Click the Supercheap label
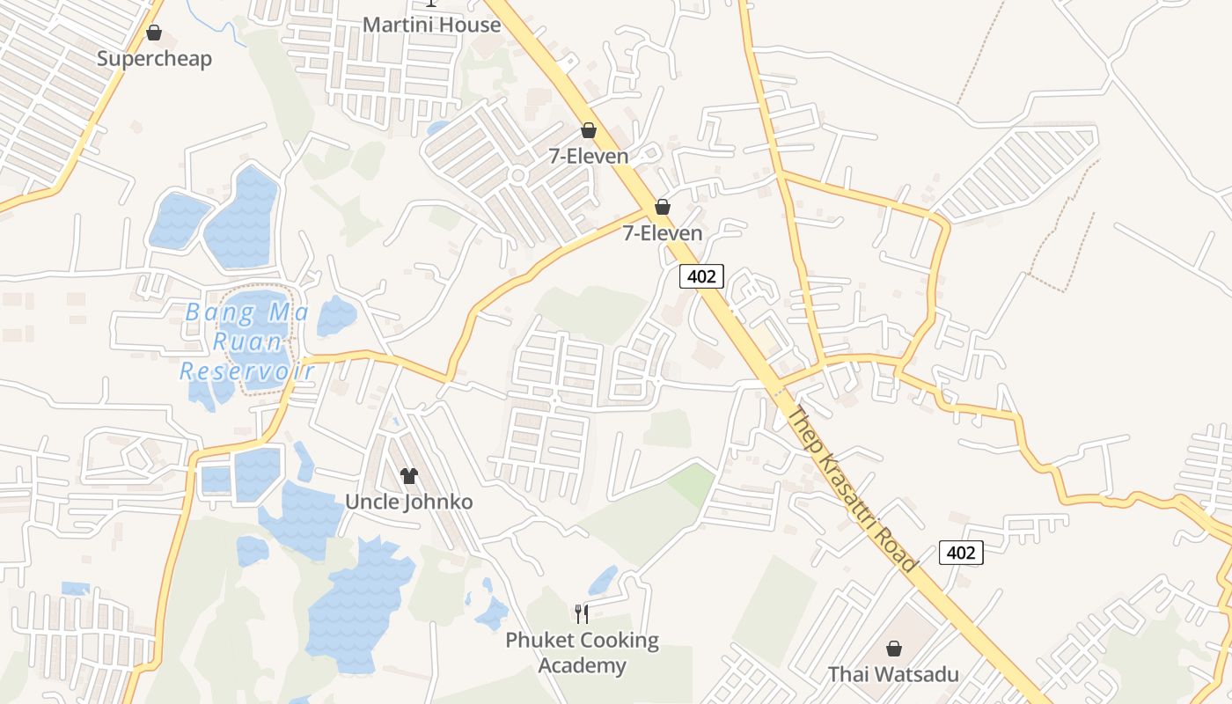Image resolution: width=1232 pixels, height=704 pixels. [x=154, y=59]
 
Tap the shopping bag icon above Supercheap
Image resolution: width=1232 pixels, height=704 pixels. [x=154, y=33]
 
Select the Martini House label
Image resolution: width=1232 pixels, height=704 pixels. [x=431, y=25]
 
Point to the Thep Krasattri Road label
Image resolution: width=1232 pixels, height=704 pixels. [x=851, y=489]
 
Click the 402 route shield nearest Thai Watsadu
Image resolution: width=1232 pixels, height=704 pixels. [x=960, y=553]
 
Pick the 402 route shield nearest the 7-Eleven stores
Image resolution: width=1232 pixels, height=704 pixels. [x=701, y=276]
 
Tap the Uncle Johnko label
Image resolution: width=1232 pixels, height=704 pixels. [x=408, y=502]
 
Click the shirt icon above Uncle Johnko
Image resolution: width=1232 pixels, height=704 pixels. [x=408, y=476]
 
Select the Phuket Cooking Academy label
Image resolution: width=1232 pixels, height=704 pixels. [x=582, y=652]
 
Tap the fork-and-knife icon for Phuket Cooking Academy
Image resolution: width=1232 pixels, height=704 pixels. [x=581, y=613]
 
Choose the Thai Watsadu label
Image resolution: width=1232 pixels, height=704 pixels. [x=893, y=675]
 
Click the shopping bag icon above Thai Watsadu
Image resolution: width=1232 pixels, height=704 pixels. [x=893, y=649]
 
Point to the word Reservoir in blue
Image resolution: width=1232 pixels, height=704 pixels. [x=247, y=371]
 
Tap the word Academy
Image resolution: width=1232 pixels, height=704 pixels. [x=582, y=665]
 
